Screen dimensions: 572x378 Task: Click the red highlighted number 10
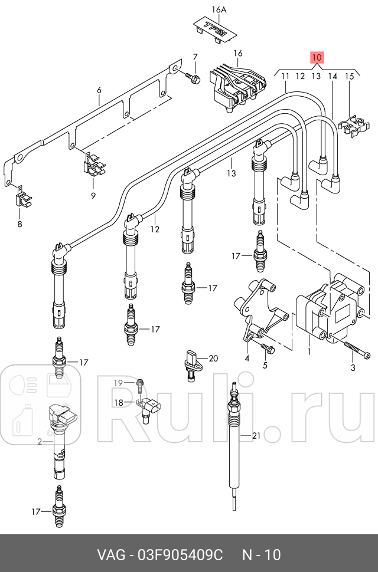[x=317, y=57]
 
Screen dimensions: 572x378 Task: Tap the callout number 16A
[x=219, y=9]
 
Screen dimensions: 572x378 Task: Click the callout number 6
[x=99, y=90]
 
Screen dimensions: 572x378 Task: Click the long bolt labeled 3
[x=355, y=353]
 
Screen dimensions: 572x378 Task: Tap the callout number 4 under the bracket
[x=246, y=358]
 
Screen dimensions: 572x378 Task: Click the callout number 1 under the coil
[x=309, y=352]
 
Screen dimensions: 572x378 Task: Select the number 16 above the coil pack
[x=238, y=54]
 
